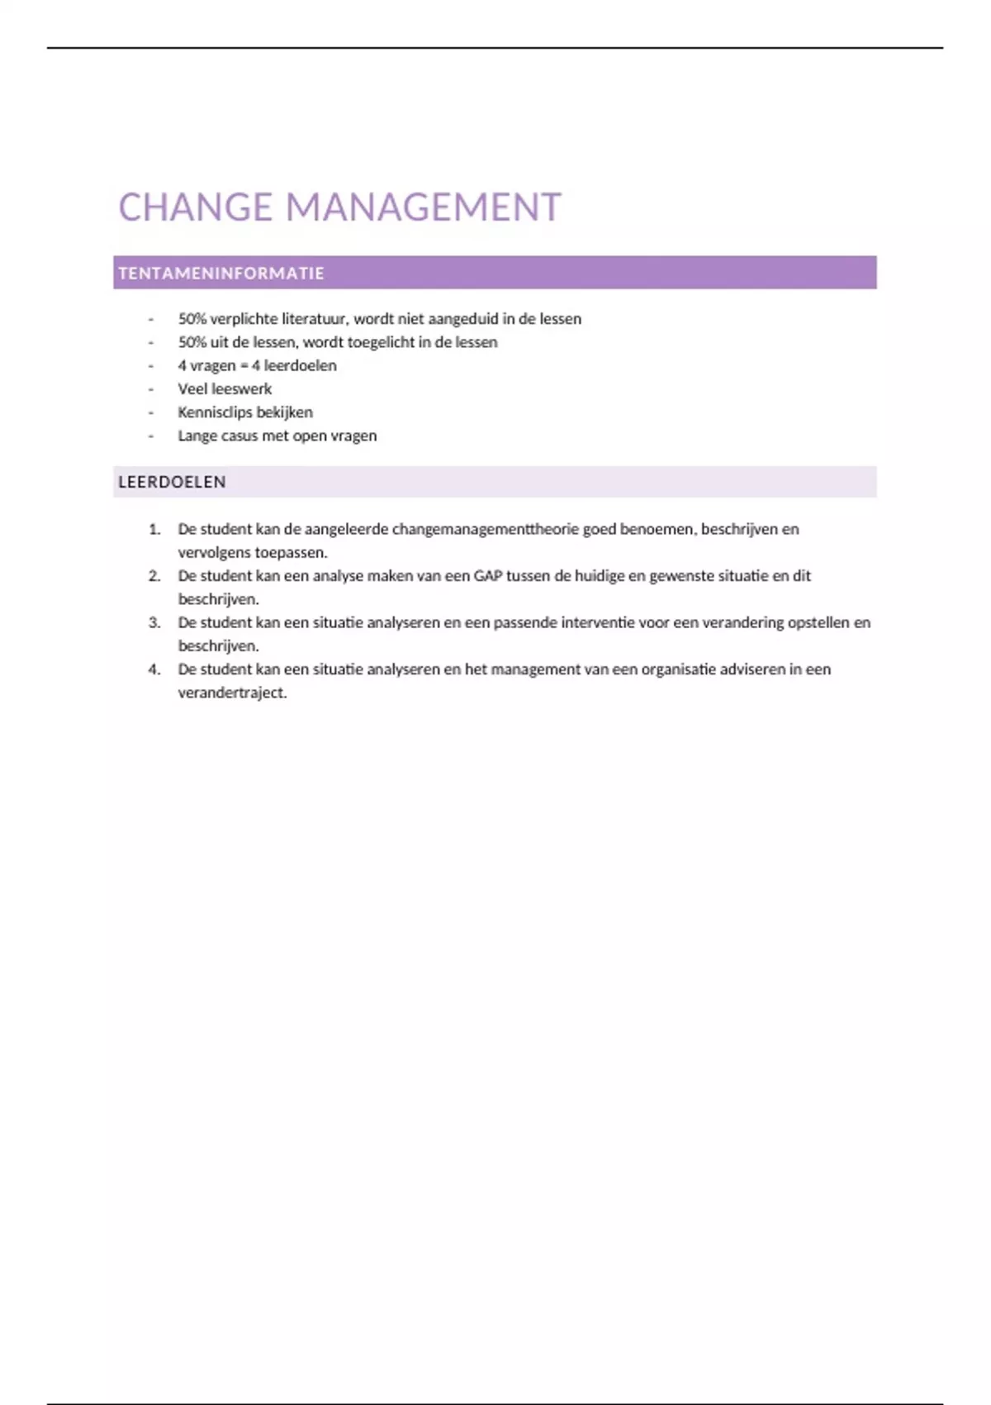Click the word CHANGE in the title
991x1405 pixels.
(195, 207)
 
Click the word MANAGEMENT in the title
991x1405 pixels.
(423, 207)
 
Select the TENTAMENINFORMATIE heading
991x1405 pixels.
(221, 274)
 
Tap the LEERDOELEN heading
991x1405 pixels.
(172, 482)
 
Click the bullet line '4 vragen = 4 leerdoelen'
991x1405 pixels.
(257, 365)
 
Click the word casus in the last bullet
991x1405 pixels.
(239, 436)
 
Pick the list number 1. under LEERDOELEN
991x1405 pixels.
(154, 529)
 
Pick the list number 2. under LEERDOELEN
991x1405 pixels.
(154, 576)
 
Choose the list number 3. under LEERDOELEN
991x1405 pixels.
(154, 622)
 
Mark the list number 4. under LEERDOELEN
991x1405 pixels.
(154, 669)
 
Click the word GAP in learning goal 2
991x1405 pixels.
(487, 576)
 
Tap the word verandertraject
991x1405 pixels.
(232, 693)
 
